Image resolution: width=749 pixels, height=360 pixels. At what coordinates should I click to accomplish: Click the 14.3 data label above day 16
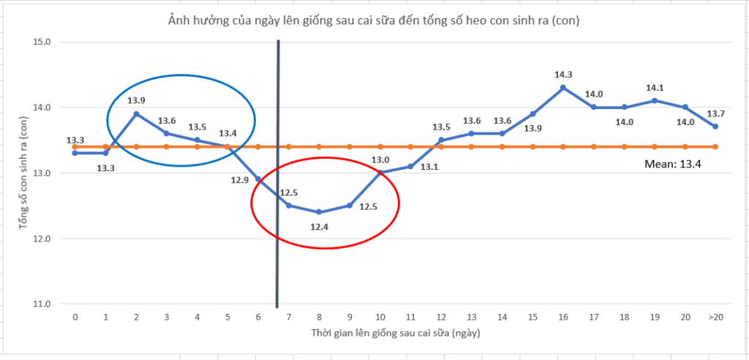click(564, 74)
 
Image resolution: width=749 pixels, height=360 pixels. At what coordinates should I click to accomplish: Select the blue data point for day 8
click(319, 212)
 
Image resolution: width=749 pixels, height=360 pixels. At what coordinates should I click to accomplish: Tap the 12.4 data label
click(320, 228)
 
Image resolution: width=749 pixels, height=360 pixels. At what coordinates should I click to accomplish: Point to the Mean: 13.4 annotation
click(673, 165)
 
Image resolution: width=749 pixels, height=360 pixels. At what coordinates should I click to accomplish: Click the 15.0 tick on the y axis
click(41, 42)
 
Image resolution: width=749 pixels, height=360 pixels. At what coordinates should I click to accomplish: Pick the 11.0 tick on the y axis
click(41, 304)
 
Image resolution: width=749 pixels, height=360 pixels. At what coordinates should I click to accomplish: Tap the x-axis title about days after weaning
click(394, 333)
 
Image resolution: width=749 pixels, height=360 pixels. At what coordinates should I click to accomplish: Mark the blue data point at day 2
click(136, 113)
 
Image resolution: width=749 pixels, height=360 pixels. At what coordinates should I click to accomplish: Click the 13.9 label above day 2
click(137, 100)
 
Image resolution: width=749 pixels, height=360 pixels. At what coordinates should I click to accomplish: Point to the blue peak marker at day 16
click(562, 88)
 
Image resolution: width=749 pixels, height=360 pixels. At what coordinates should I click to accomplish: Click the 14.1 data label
click(655, 88)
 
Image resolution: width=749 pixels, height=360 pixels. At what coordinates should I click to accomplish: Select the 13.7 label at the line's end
click(715, 113)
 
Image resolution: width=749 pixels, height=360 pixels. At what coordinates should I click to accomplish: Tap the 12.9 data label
click(240, 179)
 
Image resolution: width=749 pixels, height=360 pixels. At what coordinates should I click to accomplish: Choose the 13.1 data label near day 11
click(430, 167)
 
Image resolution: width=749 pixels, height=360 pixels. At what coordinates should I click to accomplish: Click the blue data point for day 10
click(380, 173)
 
